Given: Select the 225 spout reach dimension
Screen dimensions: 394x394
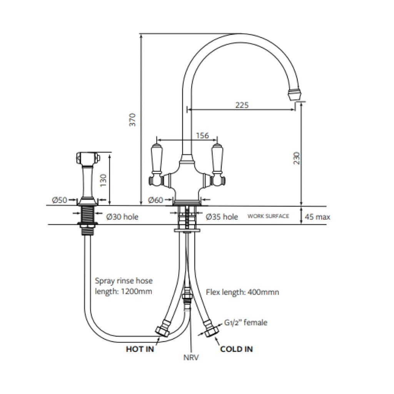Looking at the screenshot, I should pyautogui.click(x=242, y=105).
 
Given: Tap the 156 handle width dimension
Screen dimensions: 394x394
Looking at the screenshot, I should pyautogui.click(x=202, y=135).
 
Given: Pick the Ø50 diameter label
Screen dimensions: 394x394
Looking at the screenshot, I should pyautogui.click(x=59, y=200).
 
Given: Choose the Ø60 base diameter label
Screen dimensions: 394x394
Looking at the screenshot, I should pyautogui.click(x=156, y=200).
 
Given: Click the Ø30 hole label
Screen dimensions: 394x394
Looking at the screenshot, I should pyautogui.click(x=122, y=217).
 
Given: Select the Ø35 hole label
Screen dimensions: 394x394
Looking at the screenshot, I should pyautogui.click(x=222, y=217).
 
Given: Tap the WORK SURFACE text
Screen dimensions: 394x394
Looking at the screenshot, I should pyautogui.click(x=268, y=216).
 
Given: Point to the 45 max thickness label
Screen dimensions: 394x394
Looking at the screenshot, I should pyautogui.click(x=317, y=217).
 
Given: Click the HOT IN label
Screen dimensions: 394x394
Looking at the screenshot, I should pyautogui.click(x=140, y=349).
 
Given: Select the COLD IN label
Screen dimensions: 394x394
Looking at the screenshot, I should pyautogui.click(x=236, y=349).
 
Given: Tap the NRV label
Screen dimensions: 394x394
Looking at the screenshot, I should pyautogui.click(x=191, y=357).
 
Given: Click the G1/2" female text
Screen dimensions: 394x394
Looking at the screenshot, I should pyautogui.click(x=245, y=322).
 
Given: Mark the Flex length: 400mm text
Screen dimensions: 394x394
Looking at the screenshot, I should pyautogui.click(x=242, y=292).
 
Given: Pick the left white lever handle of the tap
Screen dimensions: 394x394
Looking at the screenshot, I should pyautogui.click(x=157, y=158).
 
